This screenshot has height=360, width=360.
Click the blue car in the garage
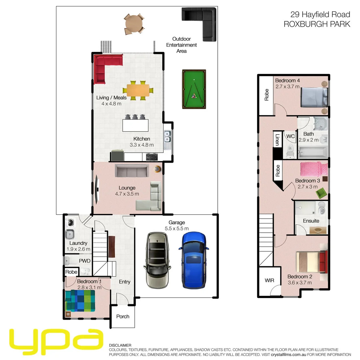pyautogui.click(x=194, y=260)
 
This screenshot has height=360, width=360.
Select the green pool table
pyautogui.click(x=194, y=89)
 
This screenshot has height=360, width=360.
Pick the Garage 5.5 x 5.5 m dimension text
pyautogui.click(x=176, y=228)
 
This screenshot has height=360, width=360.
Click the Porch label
pyautogui.click(x=123, y=316)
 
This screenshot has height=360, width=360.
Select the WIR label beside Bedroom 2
pyautogui.click(x=269, y=280)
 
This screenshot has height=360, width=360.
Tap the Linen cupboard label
pyautogui.click(x=277, y=140)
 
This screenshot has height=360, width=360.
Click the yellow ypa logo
pyautogui.click(x=55, y=342)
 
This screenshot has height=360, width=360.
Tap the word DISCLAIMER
pyautogui.click(x=120, y=345)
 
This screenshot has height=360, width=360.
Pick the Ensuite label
pyautogui.click(x=311, y=221)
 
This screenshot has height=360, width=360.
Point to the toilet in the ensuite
pyautogui.click(x=322, y=208)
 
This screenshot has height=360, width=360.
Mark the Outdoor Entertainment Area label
pyautogui.click(x=182, y=45)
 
